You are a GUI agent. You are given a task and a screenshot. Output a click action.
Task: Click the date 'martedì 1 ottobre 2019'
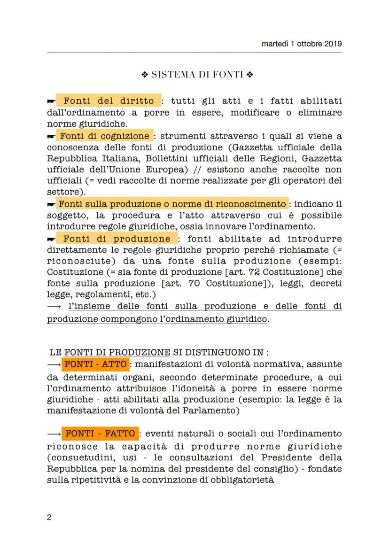[x=302, y=44]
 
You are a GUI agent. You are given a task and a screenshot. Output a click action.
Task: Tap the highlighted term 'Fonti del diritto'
[x=109, y=101]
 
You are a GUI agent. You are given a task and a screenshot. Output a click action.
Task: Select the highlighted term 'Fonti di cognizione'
[x=104, y=136]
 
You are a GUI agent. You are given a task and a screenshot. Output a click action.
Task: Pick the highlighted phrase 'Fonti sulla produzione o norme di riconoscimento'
[x=172, y=204]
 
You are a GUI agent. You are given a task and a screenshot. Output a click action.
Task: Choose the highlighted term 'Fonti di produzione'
[x=117, y=239]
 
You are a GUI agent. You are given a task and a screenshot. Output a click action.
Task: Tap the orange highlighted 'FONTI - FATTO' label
[x=100, y=433]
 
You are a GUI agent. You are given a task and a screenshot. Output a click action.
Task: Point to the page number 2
[x=49, y=518]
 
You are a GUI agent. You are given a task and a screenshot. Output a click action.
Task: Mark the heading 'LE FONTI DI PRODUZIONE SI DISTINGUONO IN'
[x=159, y=352]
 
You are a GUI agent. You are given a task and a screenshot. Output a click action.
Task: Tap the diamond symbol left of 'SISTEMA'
[x=145, y=74]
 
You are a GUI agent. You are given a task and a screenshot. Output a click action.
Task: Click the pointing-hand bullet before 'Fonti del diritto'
[x=51, y=101]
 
